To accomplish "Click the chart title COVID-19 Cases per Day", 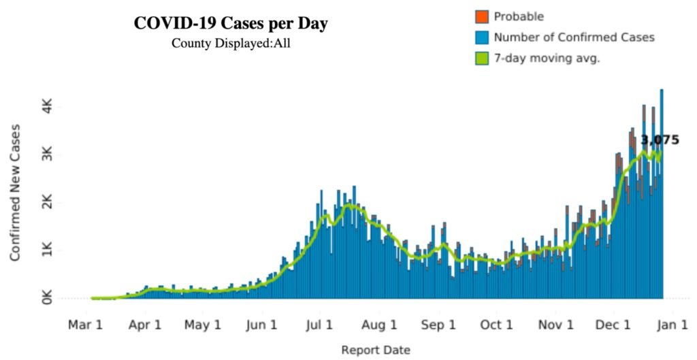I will (231, 24).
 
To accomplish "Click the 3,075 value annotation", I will (660, 140).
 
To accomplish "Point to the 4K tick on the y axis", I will (47, 108).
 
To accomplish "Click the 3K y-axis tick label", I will (47, 155).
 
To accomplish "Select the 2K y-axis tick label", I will (47, 203).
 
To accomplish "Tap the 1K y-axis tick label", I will (47, 250).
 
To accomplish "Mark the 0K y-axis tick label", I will (47, 298).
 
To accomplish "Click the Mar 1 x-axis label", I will (85, 325).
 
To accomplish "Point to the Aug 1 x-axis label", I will (380, 325).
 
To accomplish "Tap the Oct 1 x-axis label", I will (497, 325).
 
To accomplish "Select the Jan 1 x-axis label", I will (671, 325).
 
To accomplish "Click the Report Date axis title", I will (376, 350).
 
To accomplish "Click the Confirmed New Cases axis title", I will (15, 193).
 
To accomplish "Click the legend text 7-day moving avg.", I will (547, 59).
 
